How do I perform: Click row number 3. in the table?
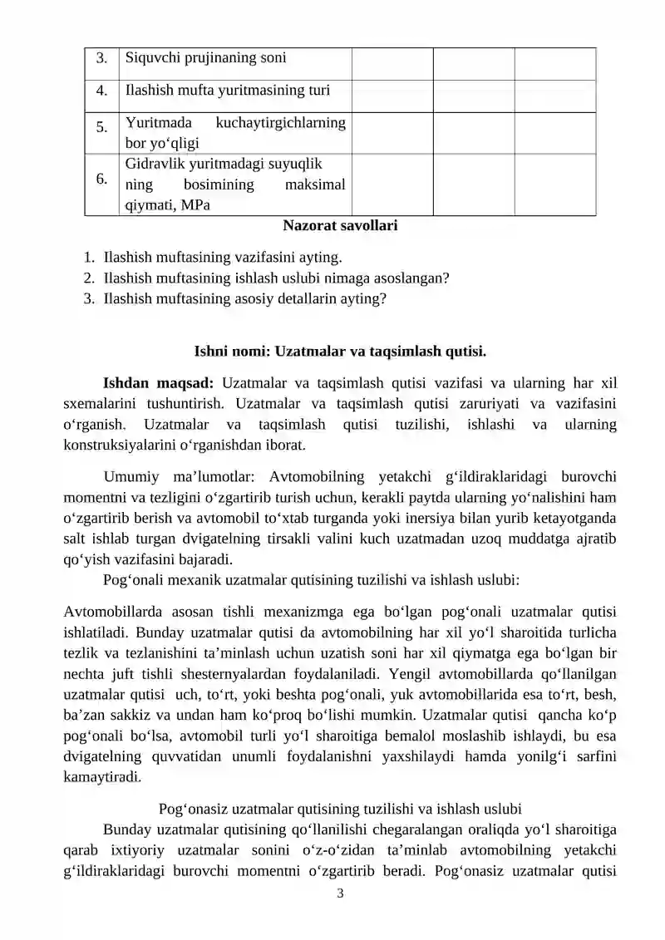coord(101,59)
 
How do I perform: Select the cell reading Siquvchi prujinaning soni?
coord(205,58)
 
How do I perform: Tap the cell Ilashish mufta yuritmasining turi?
coord(225,91)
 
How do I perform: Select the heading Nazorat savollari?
coord(340,225)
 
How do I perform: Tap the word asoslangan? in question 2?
coord(413,278)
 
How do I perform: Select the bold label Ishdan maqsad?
coord(158,383)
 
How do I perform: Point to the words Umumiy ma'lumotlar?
coord(175,477)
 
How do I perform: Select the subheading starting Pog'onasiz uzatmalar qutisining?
coord(340,809)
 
